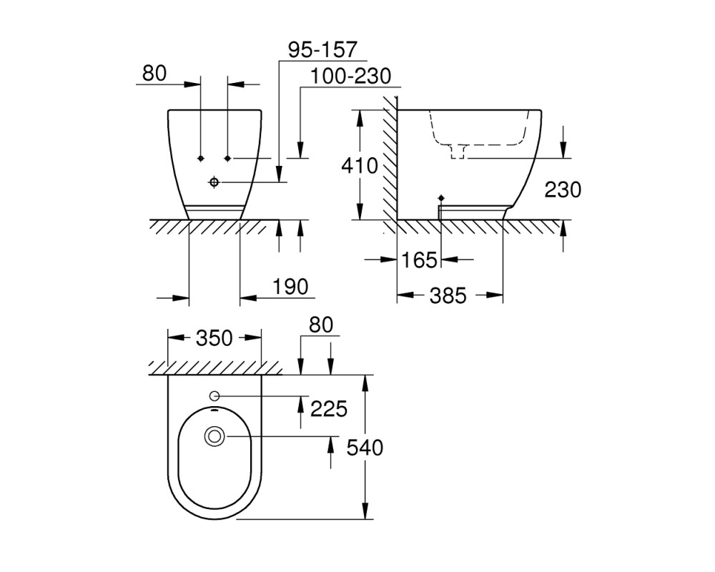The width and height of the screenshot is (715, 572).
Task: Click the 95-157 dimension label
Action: click(x=322, y=50)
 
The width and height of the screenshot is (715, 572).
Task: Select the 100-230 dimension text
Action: click(x=350, y=77)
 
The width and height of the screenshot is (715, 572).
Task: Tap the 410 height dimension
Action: click(x=360, y=166)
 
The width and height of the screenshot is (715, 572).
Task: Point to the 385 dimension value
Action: click(x=448, y=296)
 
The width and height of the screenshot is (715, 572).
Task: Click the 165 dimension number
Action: click(x=420, y=260)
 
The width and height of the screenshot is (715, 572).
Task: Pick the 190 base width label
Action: click(x=290, y=287)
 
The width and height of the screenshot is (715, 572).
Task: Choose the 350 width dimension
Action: click(x=214, y=338)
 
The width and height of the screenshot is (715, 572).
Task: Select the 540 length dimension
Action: click(x=365, y=448)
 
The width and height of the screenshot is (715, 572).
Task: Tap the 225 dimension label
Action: click(x=329, y=409)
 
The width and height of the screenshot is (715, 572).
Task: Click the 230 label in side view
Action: click(x=563, y=189)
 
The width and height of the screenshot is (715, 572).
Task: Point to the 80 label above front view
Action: click(x=154, y=73)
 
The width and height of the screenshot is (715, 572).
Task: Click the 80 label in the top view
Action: click(x=321, y=325)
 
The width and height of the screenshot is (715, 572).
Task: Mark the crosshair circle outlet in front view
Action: click(x=214, y=182)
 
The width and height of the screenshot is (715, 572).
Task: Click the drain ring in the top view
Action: click(x=214, y=436)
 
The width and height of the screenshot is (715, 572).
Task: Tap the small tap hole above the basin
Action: click(x=214, y=395)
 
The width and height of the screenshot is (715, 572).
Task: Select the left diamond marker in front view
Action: click(x=200, y=158)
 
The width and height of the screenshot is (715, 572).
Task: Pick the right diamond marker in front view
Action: click(x=227, y=158)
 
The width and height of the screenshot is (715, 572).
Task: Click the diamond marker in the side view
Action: click(x=441, y=198)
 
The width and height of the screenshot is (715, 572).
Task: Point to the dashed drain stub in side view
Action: click(x=458, y=152)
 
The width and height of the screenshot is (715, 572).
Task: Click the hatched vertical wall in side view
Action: click(x=390, y=164)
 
